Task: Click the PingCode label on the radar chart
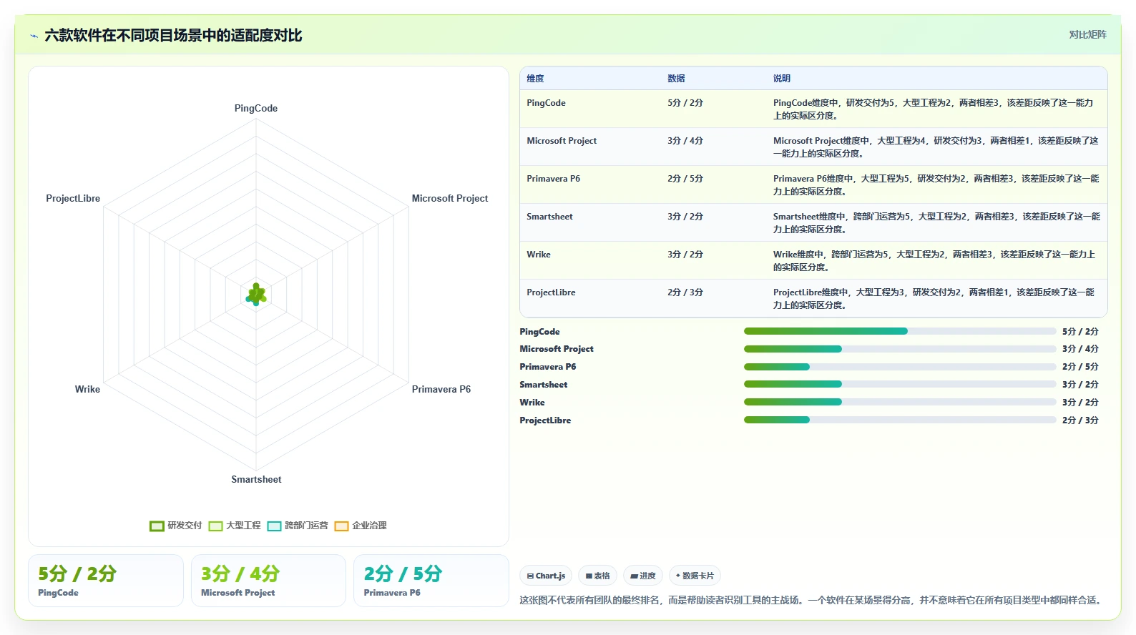(255, 108)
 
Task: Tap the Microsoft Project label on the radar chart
(449, 198)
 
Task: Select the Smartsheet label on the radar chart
(256, 479)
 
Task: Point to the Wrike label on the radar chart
(87, 389)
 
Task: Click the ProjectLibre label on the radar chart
(73, 198)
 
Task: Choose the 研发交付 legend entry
(175, 526)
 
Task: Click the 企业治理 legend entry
(361, 526)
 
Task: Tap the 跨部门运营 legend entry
(298, 526)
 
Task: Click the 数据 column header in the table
(676, 78)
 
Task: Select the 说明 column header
(781, 78)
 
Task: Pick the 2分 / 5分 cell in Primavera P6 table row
(685, 178)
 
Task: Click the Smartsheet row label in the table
(549, 217)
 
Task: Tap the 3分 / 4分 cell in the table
(685, 140)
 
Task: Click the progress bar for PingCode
(900, 331)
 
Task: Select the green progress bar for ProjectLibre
(776, 420)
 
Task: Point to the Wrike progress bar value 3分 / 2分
(1080, 402)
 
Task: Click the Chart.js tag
(546, 576)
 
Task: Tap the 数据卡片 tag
(695, 576)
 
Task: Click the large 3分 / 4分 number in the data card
(240, 574)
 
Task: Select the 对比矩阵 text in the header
(1087, 34)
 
